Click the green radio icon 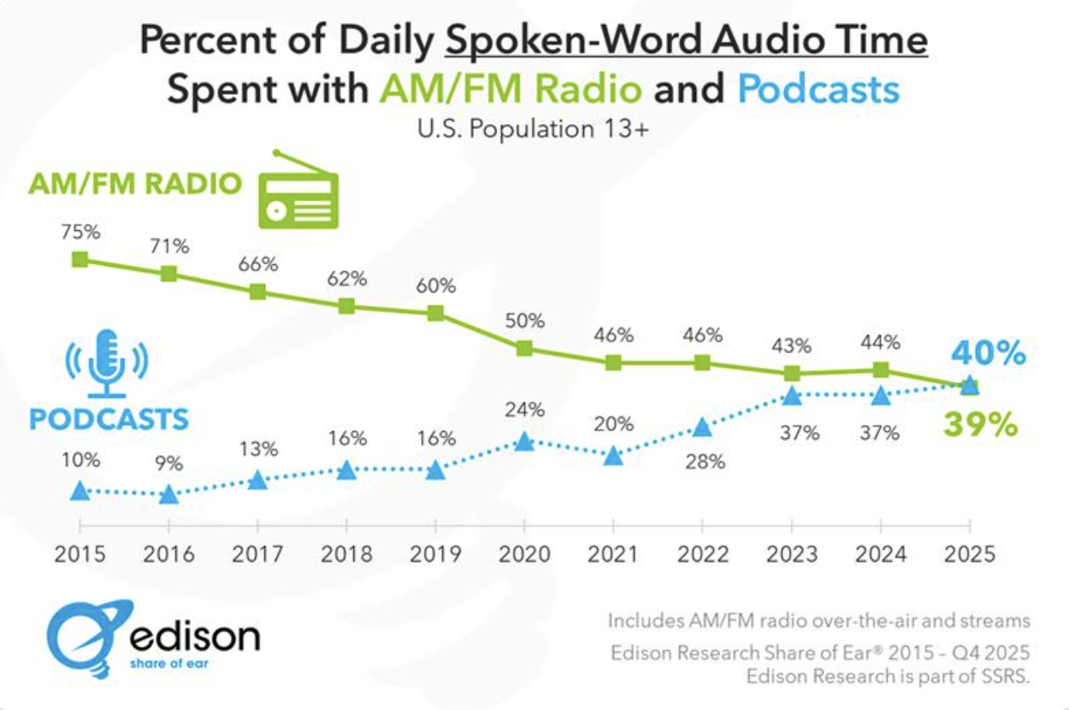coord(298,192)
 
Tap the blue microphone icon coord(107,363)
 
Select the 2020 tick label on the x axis coord(525,553)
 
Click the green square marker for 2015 coord(80,259)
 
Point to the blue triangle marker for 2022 coord(702,427)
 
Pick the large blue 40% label coord(987,352)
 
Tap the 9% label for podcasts coord(168,464)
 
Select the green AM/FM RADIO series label coord(135,183)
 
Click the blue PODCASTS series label coord(109,419)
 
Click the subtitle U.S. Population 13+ coord(534,130)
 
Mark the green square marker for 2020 coord(525,348)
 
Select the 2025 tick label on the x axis coord(968,553)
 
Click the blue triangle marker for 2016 coord(168,494)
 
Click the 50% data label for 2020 coord(525,322)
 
